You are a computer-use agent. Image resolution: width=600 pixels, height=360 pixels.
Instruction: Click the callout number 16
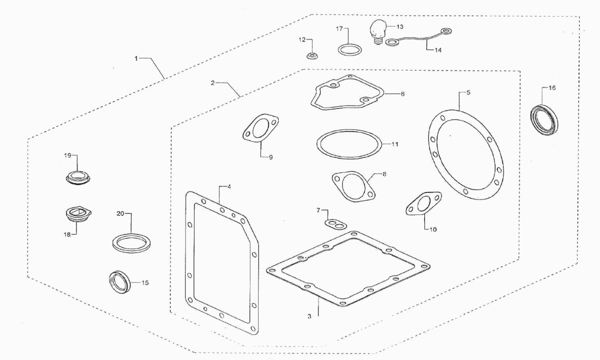[x=552, y=88]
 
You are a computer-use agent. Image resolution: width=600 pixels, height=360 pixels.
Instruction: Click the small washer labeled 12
[x=312, y=54]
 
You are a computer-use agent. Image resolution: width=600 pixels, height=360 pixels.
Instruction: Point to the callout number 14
[x=438, y=50]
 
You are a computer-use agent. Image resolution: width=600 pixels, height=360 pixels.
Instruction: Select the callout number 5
[x=468, y=92]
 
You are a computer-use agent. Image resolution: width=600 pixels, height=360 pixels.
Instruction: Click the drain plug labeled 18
[x=77, y=215]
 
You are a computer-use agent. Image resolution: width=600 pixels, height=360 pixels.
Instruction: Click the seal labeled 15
[x=120, y=280]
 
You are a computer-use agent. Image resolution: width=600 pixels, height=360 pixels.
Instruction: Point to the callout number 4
[x=228, y=187]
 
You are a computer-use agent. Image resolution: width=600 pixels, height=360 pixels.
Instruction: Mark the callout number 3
[x=309, y=316]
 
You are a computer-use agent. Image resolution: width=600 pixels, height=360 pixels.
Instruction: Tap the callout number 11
[x=394, y=144]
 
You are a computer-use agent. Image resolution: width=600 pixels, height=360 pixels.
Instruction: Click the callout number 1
[x=135, y=58]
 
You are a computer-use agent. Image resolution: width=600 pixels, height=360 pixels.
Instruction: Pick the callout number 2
[x=212, y=83]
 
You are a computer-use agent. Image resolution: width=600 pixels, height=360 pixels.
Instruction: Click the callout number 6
[x=402, y=93]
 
